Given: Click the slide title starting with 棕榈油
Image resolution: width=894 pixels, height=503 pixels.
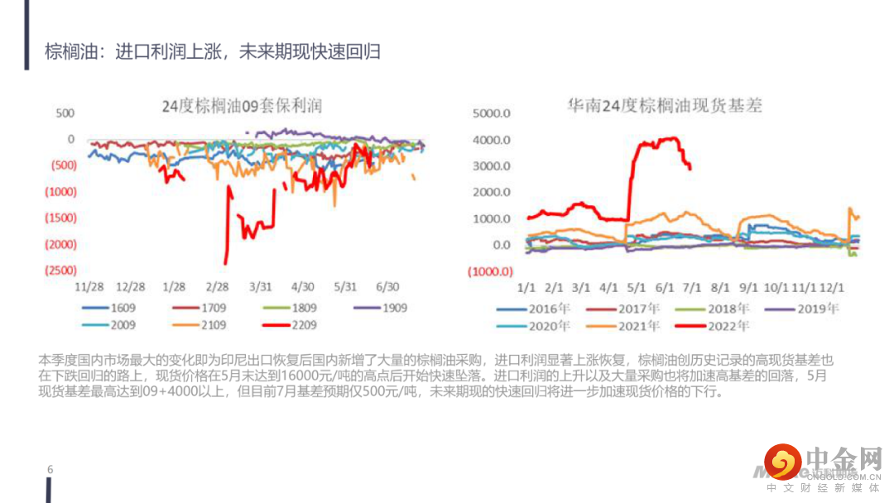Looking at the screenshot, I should click(213, 52).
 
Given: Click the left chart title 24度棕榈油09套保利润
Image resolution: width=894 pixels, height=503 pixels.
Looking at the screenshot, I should click(242, 106).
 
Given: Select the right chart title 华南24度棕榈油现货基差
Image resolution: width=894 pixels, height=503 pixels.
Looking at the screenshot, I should click(664, 106).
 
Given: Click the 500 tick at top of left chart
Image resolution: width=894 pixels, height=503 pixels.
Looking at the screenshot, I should click(65, 113).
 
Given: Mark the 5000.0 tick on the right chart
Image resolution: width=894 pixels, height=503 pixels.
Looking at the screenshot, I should click(492, 113).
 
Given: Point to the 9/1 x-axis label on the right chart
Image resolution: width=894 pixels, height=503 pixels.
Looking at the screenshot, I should click(748, 288).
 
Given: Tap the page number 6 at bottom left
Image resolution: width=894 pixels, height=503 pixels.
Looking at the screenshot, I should click(50, 470).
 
